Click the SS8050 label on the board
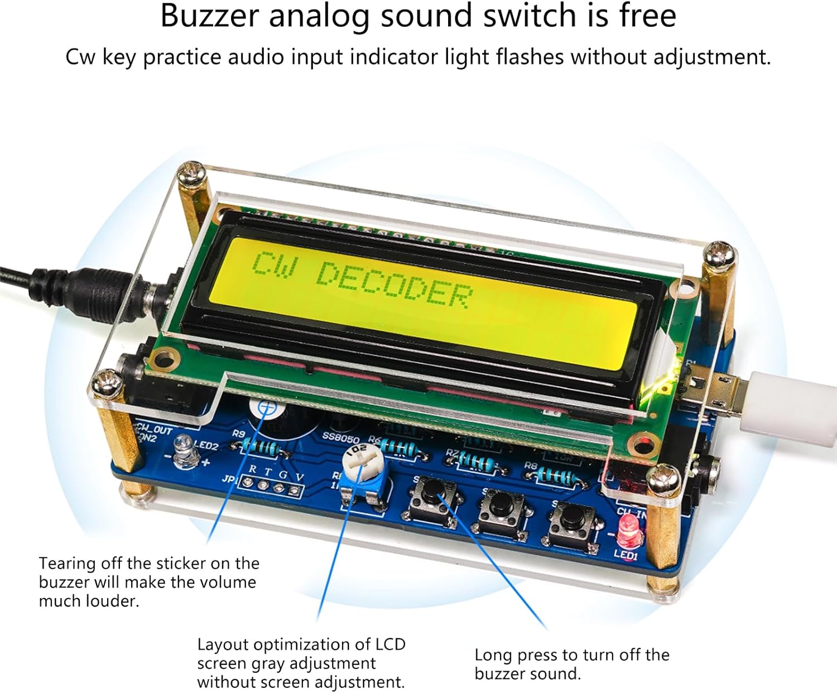click(340, 437)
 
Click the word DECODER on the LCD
click(395, 285)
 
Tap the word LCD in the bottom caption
click(390, 644)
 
